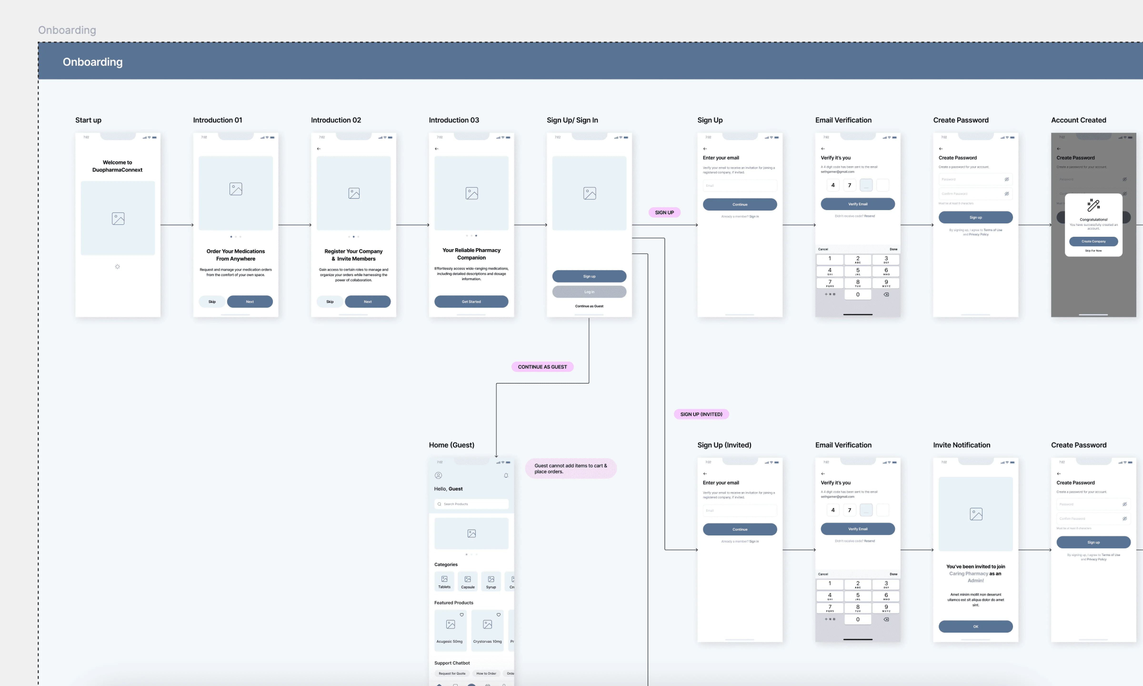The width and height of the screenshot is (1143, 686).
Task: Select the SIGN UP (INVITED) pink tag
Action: pos(701,414)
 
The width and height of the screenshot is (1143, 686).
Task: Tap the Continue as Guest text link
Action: pos(589,306)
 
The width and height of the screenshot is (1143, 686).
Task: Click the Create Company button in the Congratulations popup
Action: pos(1093,241)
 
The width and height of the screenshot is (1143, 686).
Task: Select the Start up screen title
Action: pos(88,120)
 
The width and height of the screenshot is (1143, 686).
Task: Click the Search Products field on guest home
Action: pos(471,504)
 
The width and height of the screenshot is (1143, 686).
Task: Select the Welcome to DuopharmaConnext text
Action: pos(117,166)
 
